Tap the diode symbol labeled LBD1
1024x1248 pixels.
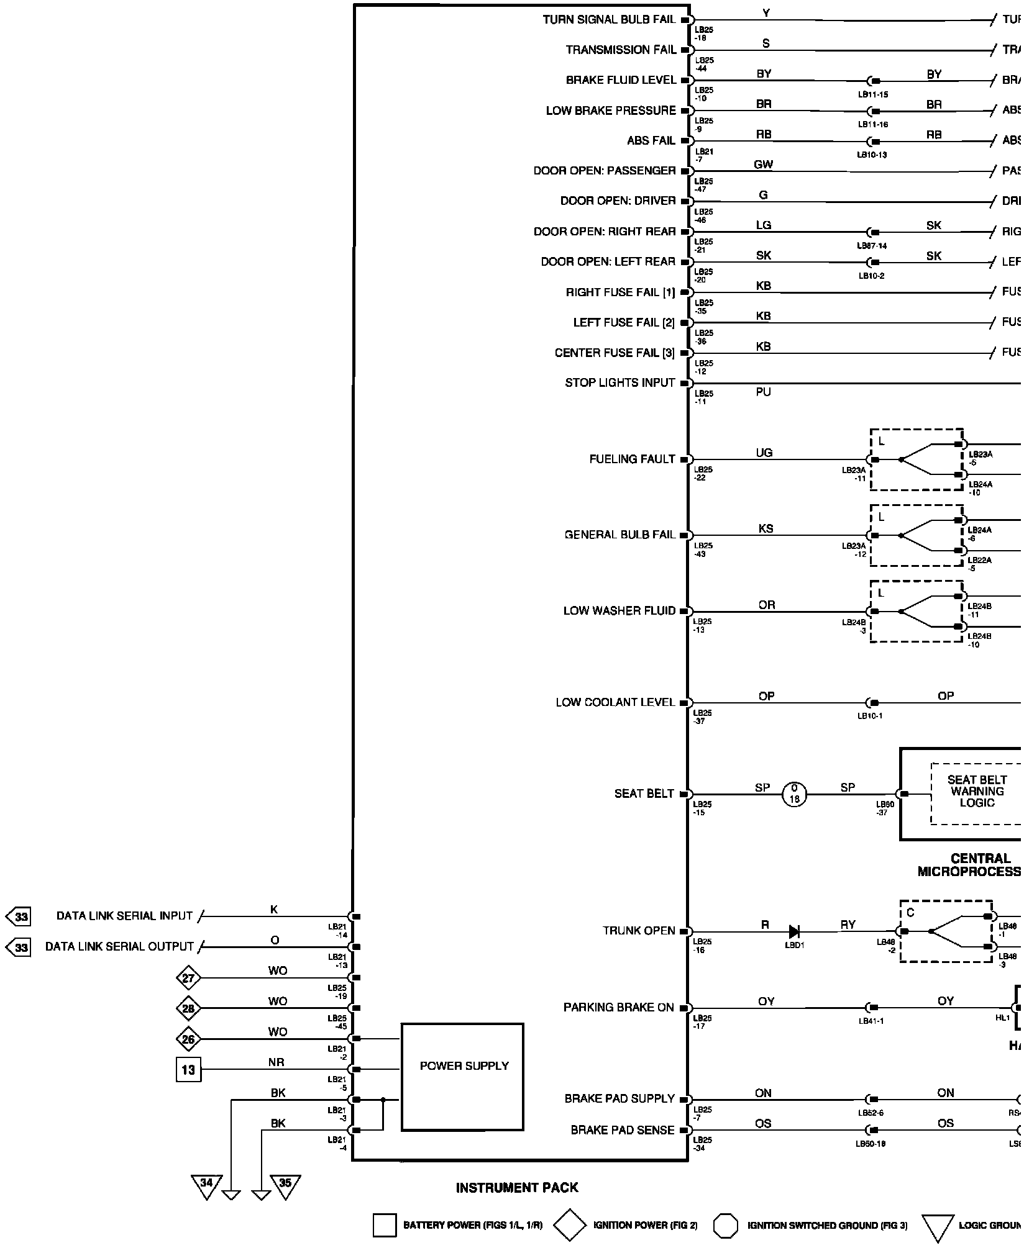click(793, 931)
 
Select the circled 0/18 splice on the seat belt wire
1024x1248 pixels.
click(793, 794)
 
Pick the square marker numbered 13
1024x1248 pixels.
click(188, 1070)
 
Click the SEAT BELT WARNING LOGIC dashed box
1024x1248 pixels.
click(976, 793)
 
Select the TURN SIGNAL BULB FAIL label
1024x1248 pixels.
click(609, 20)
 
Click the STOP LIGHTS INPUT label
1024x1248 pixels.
click(619, 383)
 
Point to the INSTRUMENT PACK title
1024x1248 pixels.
click(517, 1188)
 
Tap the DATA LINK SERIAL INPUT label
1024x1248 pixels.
click(124, 916)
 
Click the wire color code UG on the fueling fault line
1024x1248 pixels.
click(764, 453)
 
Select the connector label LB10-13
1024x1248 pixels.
click(872, 155)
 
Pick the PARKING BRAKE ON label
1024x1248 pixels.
click(618, 1007)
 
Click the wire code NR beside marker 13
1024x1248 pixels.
click(277, 1062)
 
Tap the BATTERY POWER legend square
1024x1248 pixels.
click(385, 1226)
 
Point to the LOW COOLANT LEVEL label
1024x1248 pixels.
click(615, 702)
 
